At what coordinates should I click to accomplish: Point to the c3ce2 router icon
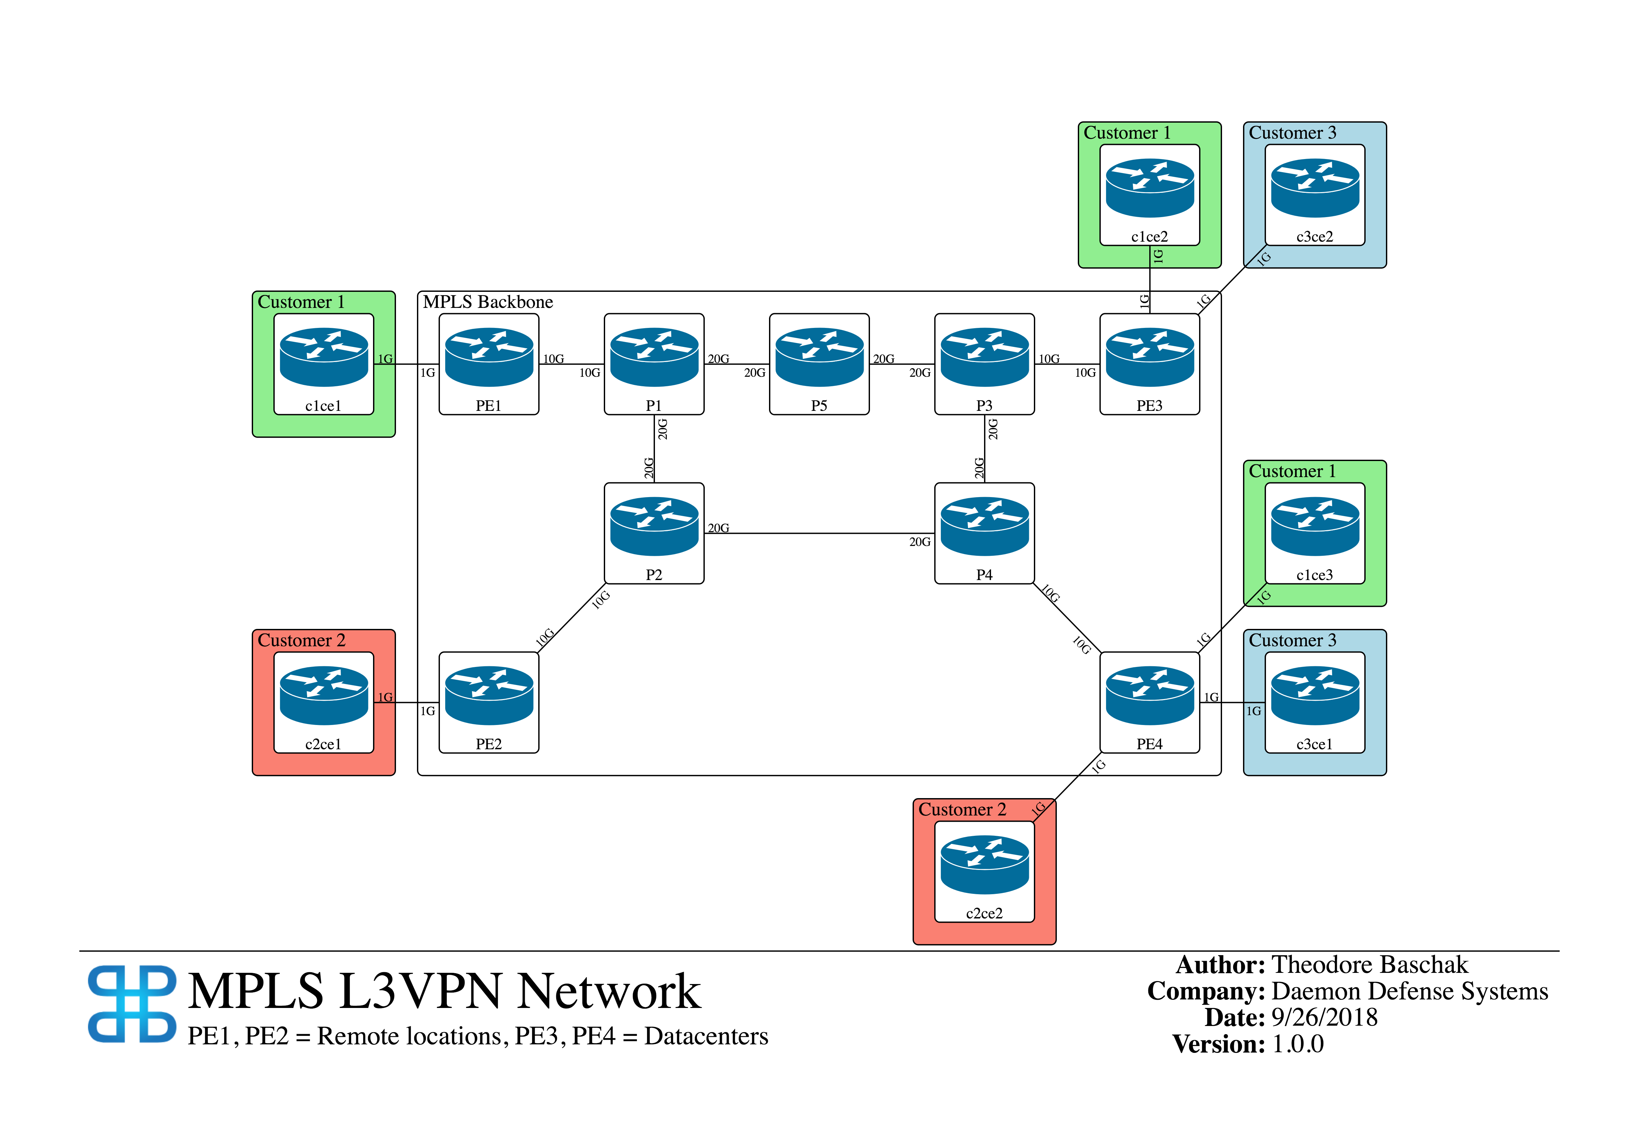(1314, 188)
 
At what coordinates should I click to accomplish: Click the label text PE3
(1150, 406)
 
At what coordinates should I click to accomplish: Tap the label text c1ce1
(323, 406)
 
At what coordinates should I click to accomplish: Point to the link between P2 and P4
(818, 533)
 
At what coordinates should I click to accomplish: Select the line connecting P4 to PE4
(1066, 618)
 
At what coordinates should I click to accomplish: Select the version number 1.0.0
(1298, 1044)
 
